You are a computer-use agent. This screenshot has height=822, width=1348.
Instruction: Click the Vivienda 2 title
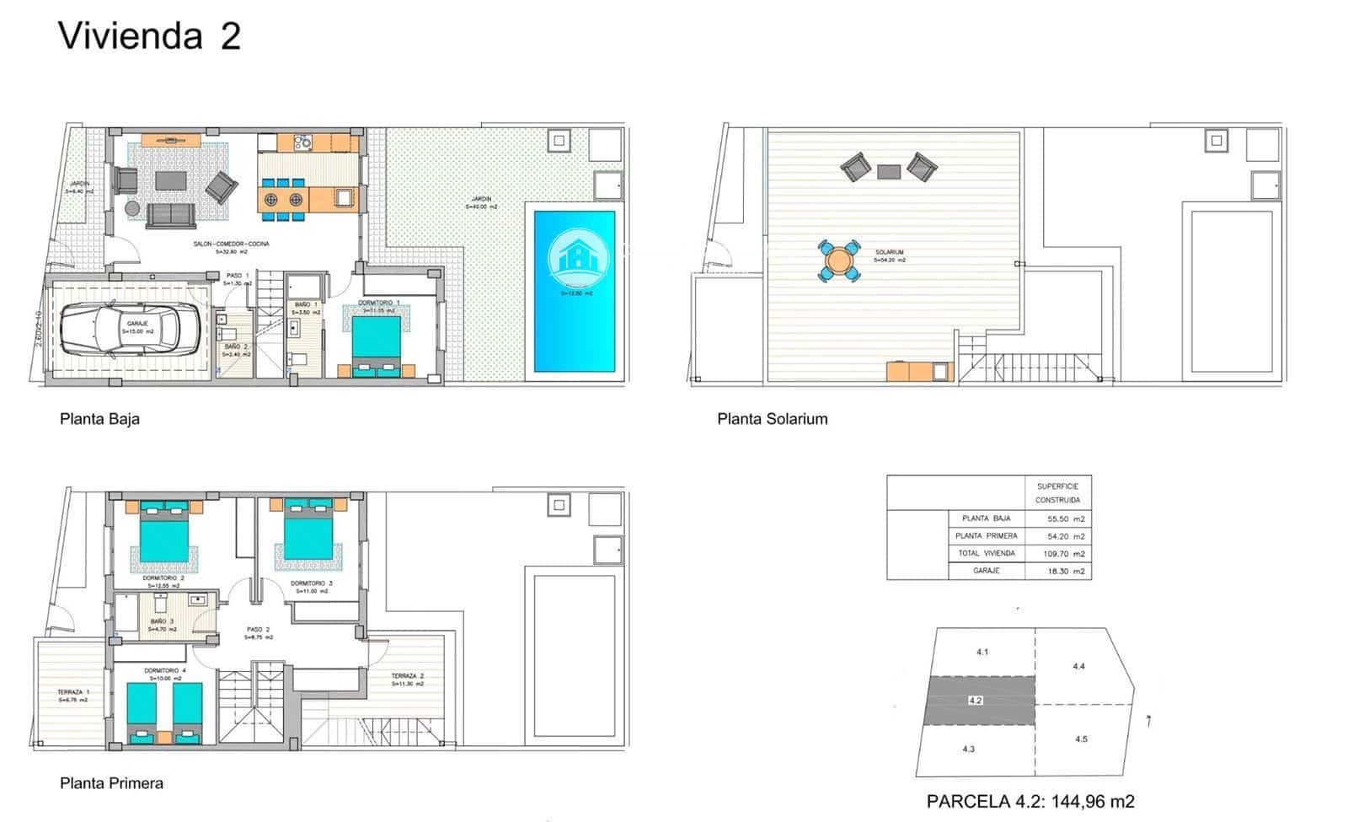149,36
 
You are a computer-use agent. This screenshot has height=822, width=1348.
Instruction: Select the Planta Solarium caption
772,419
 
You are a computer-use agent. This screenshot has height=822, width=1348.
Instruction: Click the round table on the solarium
839,261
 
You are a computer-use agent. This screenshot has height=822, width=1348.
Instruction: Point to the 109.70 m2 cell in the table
1067,554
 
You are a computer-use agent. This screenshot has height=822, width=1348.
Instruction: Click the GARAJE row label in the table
986,571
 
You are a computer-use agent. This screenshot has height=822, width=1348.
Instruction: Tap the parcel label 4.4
1078,666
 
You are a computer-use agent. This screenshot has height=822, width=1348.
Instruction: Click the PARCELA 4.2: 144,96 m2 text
1030,802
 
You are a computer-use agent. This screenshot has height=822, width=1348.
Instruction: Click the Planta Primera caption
111,783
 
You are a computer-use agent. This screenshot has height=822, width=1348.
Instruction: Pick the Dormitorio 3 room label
312,583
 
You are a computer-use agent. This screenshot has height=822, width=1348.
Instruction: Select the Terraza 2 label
407,676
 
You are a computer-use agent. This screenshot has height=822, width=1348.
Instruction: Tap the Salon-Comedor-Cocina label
231,244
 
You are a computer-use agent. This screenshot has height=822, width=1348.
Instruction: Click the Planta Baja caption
99,419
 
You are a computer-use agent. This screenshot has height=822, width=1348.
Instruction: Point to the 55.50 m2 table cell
1067,519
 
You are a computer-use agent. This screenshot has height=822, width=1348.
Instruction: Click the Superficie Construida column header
1057,493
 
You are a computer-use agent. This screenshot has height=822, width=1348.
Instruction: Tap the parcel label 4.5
1081,739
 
